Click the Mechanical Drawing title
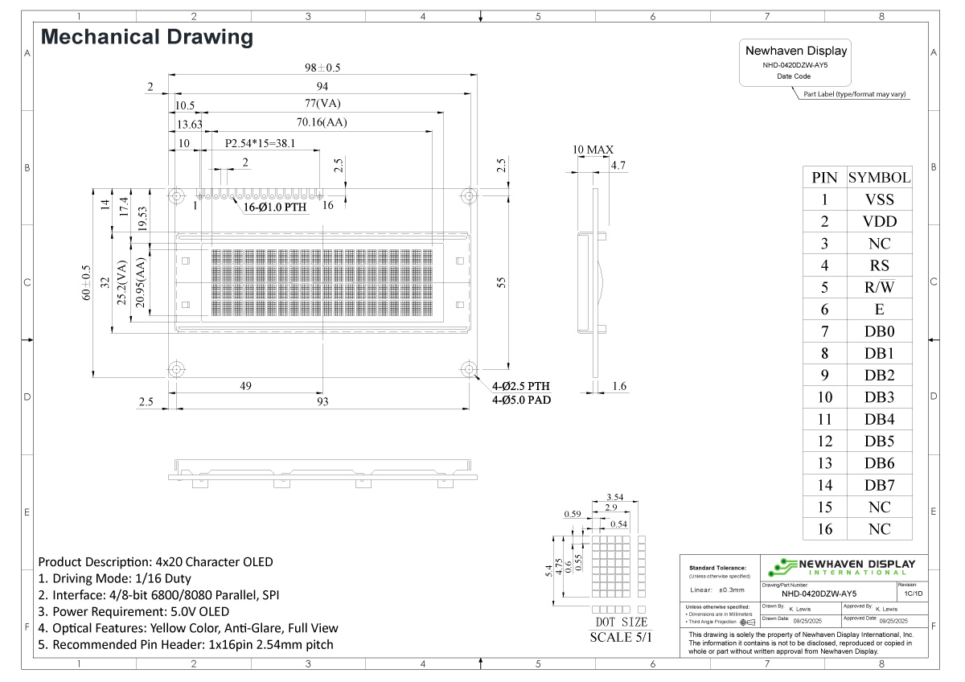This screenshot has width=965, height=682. click(146, 37)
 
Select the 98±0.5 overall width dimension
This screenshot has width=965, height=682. click(322, 68)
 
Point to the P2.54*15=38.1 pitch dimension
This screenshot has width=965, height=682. click(260, 143)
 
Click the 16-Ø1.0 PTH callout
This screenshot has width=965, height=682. click(276, 207)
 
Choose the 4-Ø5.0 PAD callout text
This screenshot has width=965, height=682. click(521, 400)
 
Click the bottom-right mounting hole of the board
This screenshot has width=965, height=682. click(468, 368)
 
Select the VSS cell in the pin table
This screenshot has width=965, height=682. click(879, 200)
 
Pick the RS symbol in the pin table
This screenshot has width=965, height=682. click(879, 265)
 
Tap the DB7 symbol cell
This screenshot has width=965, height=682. click(879, 485)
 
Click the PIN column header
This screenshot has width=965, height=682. click(824, 178)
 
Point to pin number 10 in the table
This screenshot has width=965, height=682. click(824, 397)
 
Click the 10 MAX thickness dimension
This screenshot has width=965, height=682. click(593, 150)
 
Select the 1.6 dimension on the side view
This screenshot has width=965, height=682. click(619, 387)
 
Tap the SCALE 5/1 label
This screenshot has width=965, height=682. click(622, 636)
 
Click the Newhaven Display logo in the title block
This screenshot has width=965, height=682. click(840, 567)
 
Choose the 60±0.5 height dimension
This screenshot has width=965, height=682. click(86, 285)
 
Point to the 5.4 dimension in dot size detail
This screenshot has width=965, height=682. click(549, 569)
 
